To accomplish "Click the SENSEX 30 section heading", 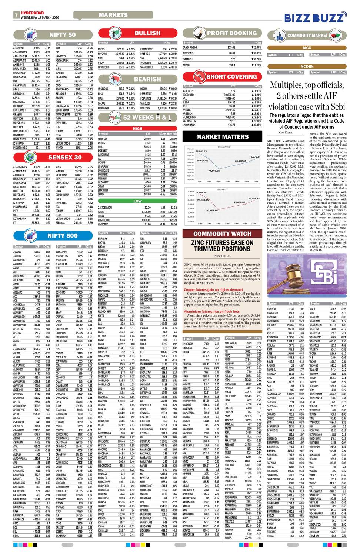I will (65, 157).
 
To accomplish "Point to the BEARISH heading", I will (147, 79).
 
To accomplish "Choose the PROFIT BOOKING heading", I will (231, 33).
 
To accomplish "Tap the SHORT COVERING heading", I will (231, 77).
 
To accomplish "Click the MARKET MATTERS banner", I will (222, 137).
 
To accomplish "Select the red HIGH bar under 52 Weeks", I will (137, 129).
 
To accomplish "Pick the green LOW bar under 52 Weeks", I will (137, 201).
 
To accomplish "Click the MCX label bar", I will (307, 48).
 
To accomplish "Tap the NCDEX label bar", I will (307, 67).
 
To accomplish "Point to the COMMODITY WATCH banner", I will (222, 234).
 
